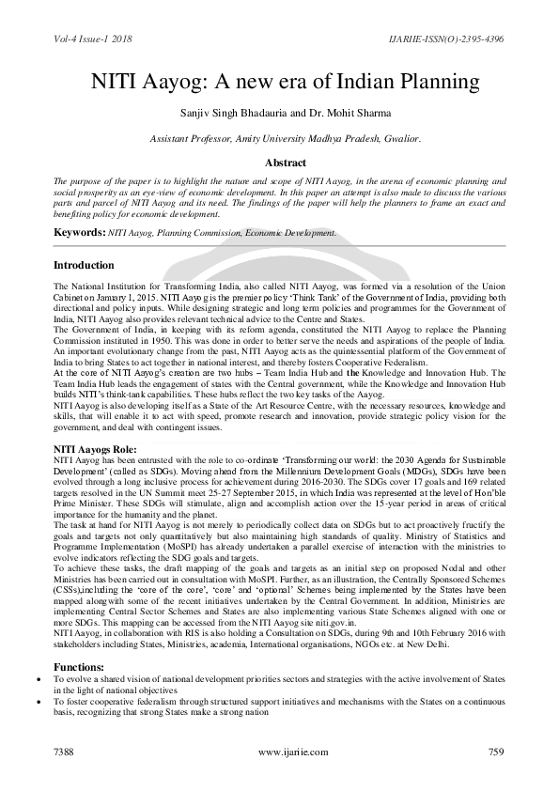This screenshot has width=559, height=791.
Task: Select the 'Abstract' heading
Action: click(x=279, y=162)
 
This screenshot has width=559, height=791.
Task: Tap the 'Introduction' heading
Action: click(x=84, y=265)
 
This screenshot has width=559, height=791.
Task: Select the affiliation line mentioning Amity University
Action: click(x=279, y=138)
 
